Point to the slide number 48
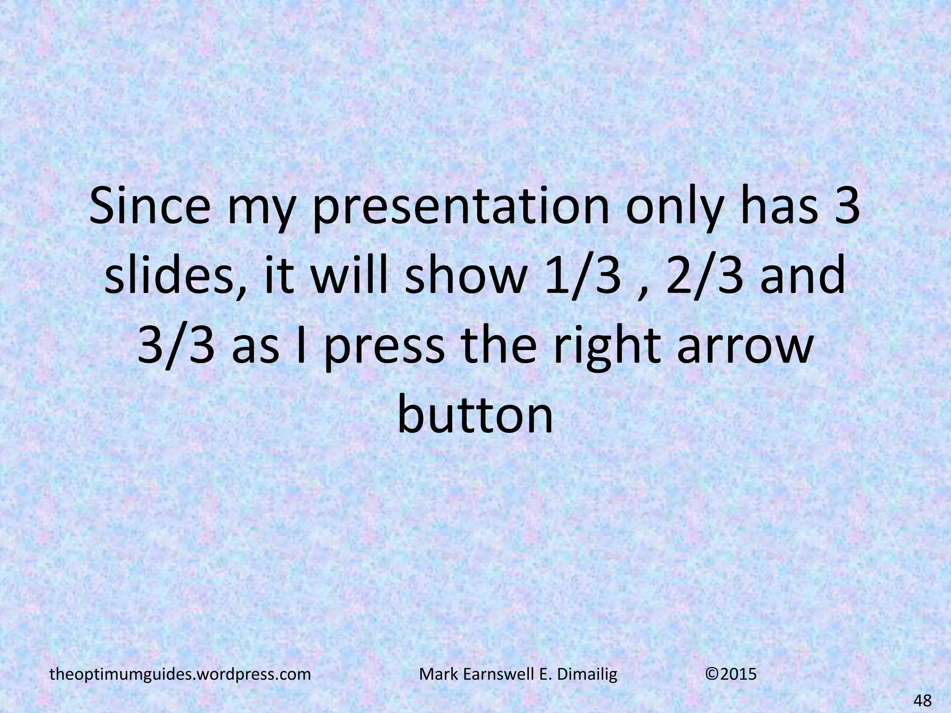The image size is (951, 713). pos(922,700)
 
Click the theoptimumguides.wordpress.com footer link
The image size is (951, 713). pos(180,674)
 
